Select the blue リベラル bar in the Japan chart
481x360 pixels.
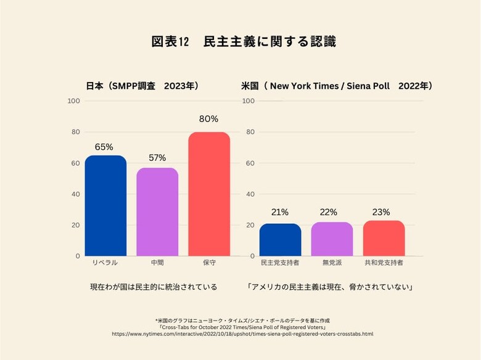click(x=105, y=206)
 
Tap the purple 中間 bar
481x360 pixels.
click(x=157, y=212)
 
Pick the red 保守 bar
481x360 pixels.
click(x=209, y=194)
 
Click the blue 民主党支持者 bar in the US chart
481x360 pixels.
click(x=280, y=240)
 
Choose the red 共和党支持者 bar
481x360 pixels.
click(x=384, y=239)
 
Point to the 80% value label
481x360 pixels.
click(x=209, y=119)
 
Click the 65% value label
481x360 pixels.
click(x=104, y=147)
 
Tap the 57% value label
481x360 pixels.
click(x=157, y=158)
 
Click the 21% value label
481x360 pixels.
click(x=280, y=212)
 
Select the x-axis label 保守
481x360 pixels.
click(x=209, y=263)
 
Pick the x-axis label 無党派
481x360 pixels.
click(x=332, y=263)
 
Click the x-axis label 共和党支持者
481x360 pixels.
click(x=384, y=263)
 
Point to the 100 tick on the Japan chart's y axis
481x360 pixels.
click(x=73, y=101)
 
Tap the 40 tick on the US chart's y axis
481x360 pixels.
click(x=250, y=194)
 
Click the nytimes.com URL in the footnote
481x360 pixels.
click(x=242, y=333)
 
